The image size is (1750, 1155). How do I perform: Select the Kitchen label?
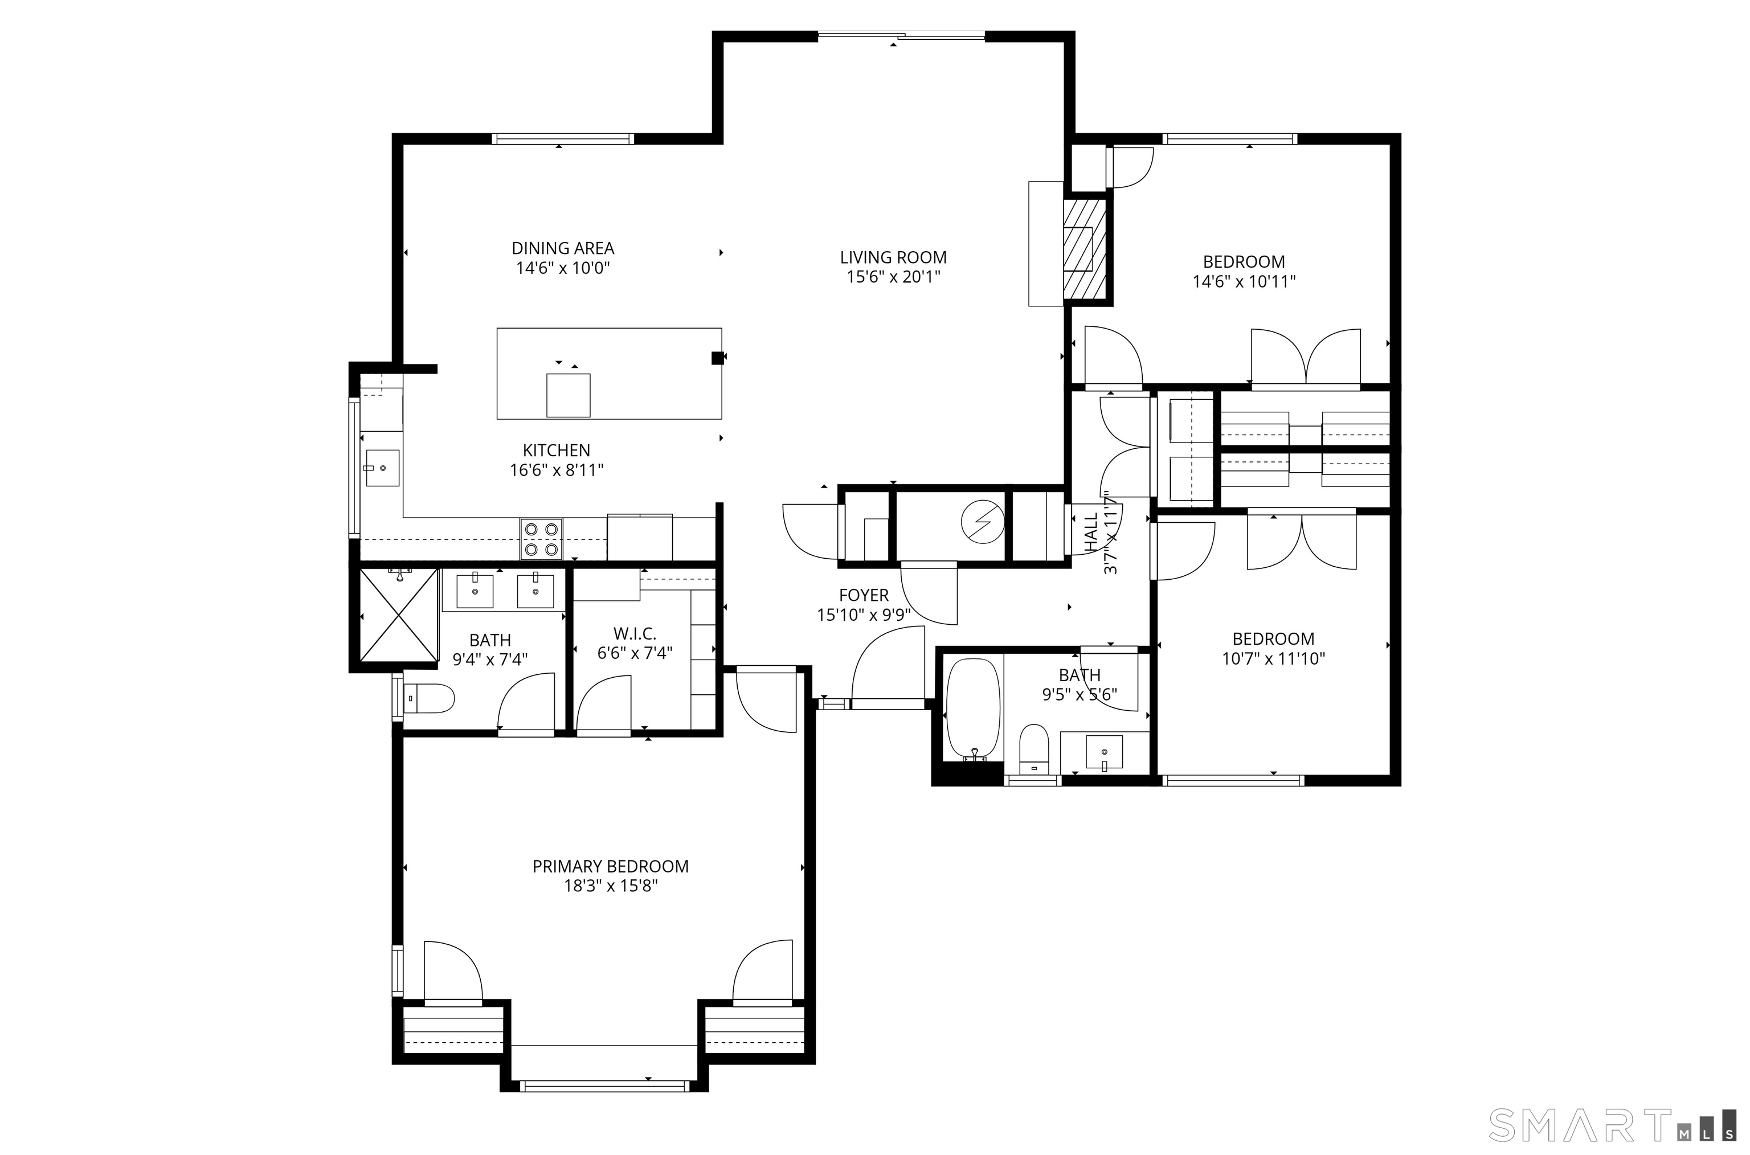coord(557,450)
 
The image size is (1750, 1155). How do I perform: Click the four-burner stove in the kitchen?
coord(542,539)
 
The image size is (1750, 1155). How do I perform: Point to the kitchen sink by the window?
coord(382,468)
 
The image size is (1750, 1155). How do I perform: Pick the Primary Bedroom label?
coord(610,867)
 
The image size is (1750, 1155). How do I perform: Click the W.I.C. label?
coord(635,633)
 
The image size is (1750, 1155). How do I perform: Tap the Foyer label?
coord(864,595)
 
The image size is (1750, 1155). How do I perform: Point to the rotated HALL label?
coord(1091,533)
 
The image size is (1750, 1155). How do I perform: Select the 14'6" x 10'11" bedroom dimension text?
coord(1244,281)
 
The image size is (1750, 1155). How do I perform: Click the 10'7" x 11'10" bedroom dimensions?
coord(1273,658)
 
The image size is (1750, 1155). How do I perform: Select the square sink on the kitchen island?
coord(568,396)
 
